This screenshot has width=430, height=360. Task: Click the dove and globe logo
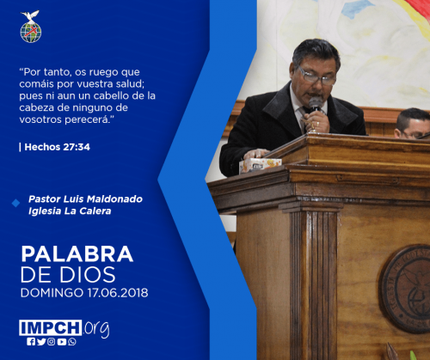(x=31, y=27)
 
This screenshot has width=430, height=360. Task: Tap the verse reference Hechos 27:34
(x=58, y=147)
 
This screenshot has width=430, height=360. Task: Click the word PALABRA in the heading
(x=77, y=254)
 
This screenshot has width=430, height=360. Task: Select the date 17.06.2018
(x=118, y=293)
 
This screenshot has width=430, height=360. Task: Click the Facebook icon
(x=31, y=342)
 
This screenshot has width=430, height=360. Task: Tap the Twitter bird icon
(x=41, y=342)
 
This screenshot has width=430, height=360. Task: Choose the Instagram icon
(x=52, y=342)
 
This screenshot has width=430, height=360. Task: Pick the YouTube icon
(x=62, y=342)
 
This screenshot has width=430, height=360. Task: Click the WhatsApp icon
(x=72, y=342)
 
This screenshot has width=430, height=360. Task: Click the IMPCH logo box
(x=51, y=327)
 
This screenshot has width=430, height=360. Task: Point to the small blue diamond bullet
(x=15, y=203)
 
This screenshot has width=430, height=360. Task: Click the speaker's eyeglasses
(x=316, y=76)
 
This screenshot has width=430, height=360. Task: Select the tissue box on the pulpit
(x=260, y=166)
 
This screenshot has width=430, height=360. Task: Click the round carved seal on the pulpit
(x=406, y=289)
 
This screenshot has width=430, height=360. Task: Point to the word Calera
(x=95, y=211)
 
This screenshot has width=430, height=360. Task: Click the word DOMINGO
(x=52, y=293)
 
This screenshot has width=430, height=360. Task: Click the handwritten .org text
(x=96, y=329)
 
